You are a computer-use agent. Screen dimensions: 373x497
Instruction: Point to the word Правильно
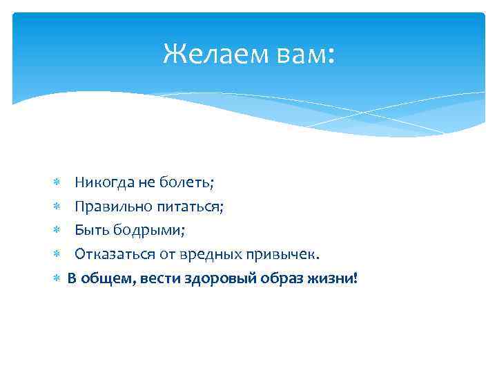(110, 207)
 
